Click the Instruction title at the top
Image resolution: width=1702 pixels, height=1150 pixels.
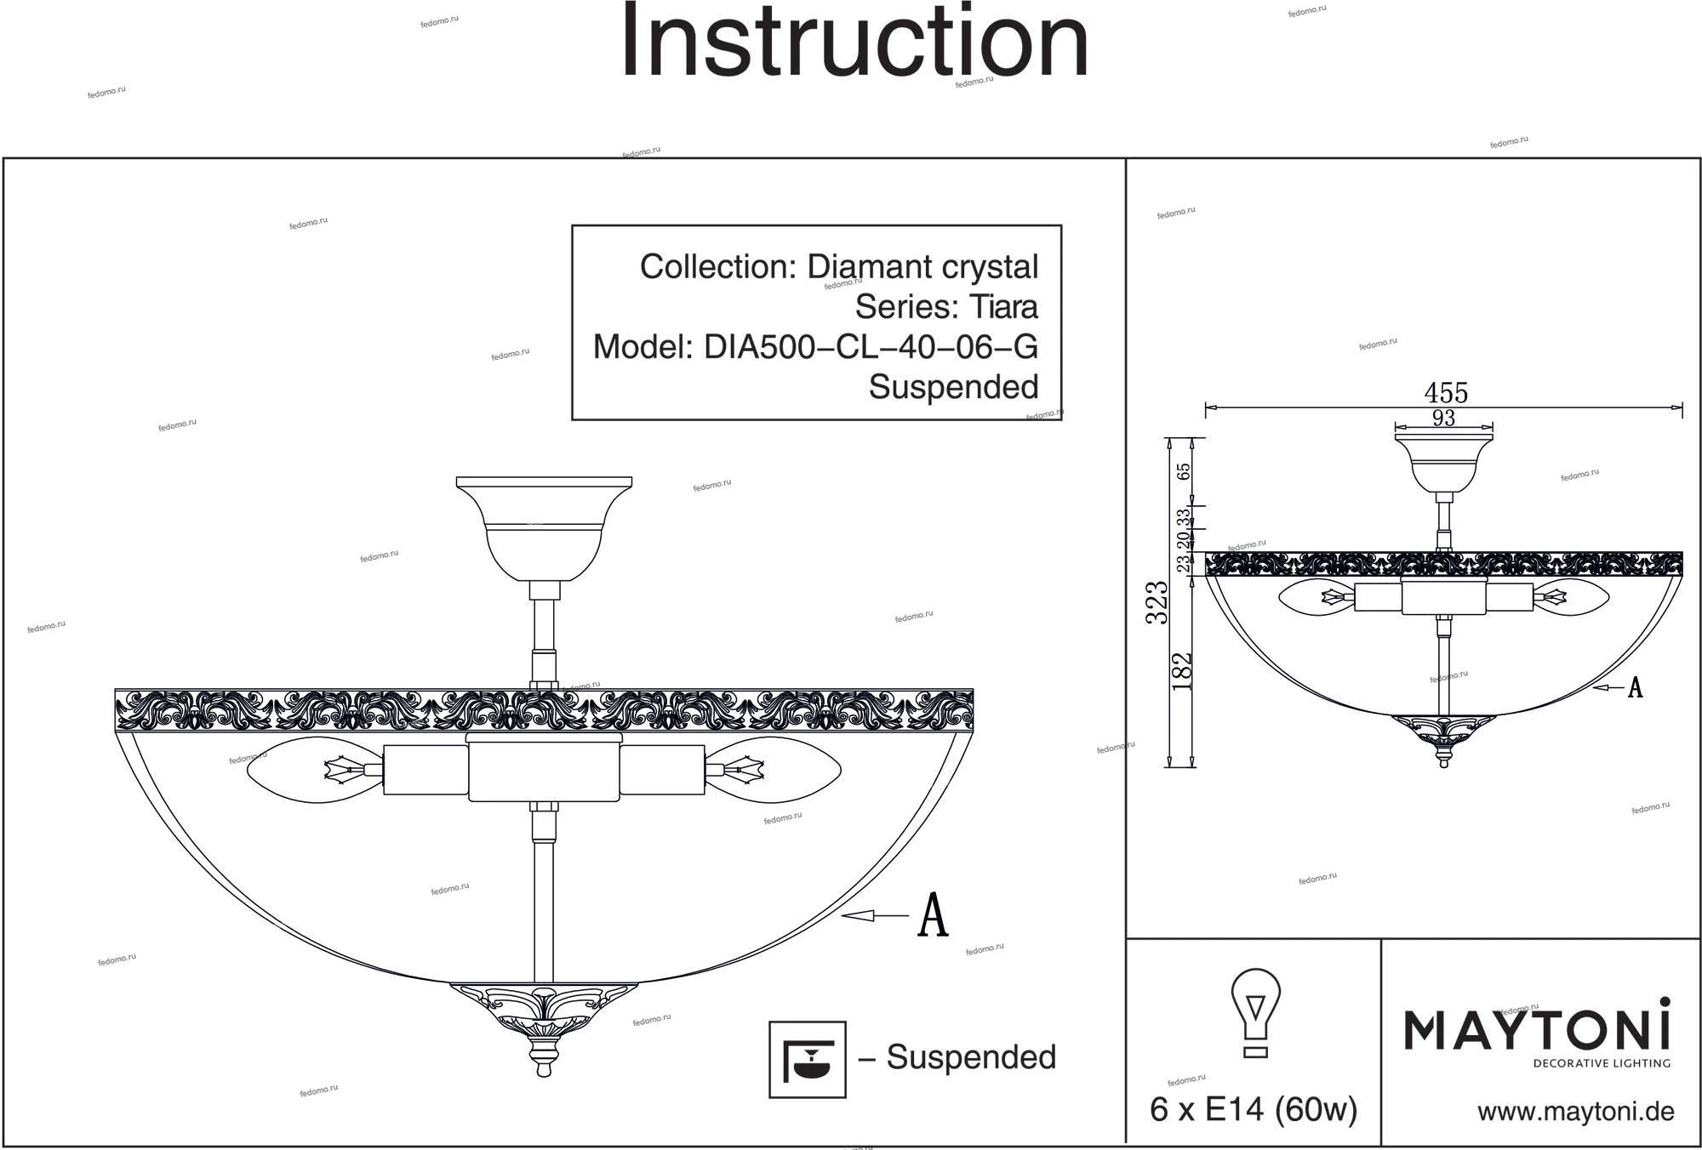(854, 43)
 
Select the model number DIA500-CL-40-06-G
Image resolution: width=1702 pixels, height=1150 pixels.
(870, 347)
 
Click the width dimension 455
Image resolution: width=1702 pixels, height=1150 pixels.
(1446, 393)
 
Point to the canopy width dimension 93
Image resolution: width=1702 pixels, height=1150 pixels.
(1443, 418)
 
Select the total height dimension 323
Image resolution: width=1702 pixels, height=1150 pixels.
(1157, 602)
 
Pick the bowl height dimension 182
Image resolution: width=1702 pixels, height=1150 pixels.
(1182, 670)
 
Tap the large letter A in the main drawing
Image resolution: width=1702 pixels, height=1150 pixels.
(933, 915)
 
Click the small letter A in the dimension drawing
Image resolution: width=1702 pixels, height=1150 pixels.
(1635, 688)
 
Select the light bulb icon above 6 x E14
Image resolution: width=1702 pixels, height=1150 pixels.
(1255, 1011)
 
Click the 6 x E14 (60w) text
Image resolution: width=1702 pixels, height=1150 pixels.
(1253, 1110)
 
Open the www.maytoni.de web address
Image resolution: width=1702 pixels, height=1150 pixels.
(1575, 1112)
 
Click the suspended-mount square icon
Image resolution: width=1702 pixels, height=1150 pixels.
(807, 1059)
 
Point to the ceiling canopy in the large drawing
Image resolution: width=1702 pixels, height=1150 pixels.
(544, 527)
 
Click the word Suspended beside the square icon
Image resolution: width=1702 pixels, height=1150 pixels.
(971, 1057)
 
